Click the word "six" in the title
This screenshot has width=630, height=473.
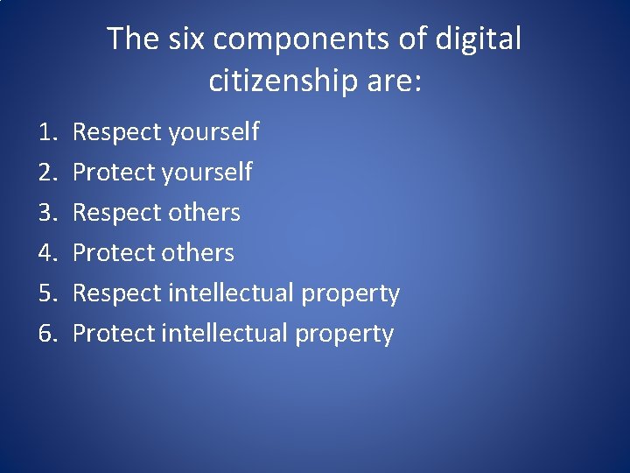[179, 39]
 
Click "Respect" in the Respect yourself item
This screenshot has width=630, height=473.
[117, 132]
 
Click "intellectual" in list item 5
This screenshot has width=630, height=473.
[228, 293]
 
